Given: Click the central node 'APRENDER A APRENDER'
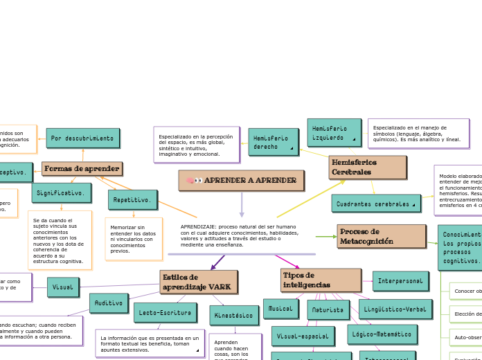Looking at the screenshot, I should click(241, 181).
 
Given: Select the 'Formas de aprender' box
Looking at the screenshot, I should click(82, 169).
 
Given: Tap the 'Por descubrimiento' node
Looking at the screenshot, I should click(82, 138).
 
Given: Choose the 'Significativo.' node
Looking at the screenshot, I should click(61, 193).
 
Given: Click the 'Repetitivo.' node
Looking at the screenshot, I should click(132, 200).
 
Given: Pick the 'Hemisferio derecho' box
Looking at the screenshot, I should click(273, 142).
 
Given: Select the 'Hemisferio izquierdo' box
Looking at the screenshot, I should click(334, 132).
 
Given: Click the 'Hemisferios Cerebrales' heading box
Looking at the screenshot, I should click(367, 167).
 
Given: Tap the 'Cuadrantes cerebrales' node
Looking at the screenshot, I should click(375, 204).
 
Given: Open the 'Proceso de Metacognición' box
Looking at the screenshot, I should click(381, 236).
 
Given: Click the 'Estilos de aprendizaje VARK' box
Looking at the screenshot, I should click(198, 282).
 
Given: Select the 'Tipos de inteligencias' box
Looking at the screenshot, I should click(321, 280).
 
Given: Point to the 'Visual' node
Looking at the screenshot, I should click(63, 287).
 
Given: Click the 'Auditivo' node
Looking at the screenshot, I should click(109, 303).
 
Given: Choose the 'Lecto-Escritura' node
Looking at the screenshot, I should click(165, 313).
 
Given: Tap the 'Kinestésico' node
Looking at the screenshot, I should click(234, 316).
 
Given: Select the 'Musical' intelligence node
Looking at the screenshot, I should click(280, 309).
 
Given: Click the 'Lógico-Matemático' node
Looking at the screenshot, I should click(382, 334).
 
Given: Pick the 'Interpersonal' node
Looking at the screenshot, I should click(400, 281).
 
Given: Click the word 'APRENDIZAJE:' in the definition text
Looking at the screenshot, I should click(199, 226).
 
